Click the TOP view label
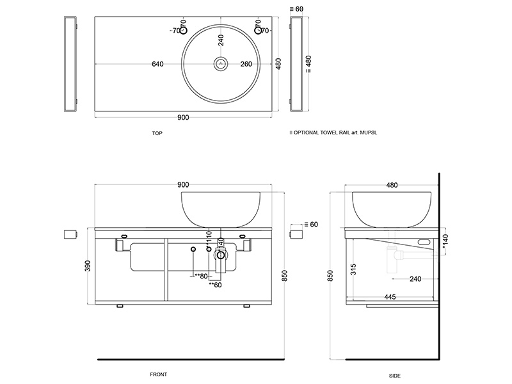(157, 134)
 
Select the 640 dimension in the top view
(157, 64)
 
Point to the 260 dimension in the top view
(246, 64)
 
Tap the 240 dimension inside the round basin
(221, 40)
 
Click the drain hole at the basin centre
(221, 63)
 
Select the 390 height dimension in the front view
(88, 264)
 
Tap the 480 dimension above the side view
(392, 185)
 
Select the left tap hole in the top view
(183, 30)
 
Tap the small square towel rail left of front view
(70, 234)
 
